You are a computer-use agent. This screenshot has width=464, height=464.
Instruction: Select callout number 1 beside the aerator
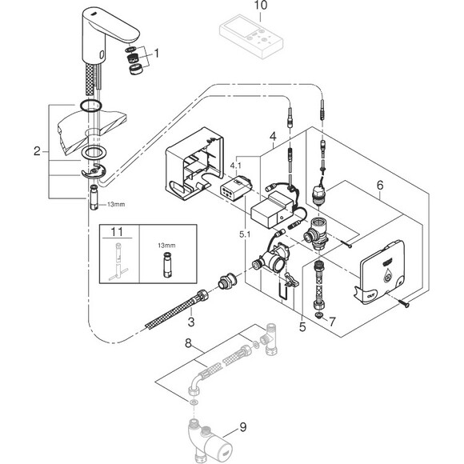point(157,54)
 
